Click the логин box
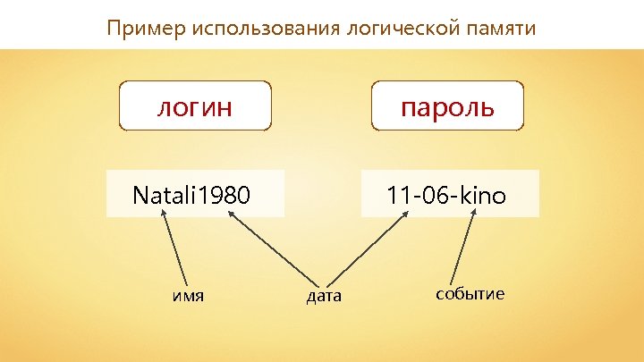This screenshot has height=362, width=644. (195, 107)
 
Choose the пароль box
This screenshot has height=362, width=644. (447, 107)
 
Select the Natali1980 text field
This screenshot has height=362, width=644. (195, 194)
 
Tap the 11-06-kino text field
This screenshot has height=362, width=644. (450, 194)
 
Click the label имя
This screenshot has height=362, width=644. (188, 295)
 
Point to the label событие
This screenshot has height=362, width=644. (470, 294)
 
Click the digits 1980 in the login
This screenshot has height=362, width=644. (225, 194)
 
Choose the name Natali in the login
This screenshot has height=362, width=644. (165, 194)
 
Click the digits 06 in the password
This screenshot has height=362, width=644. (434, 194)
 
